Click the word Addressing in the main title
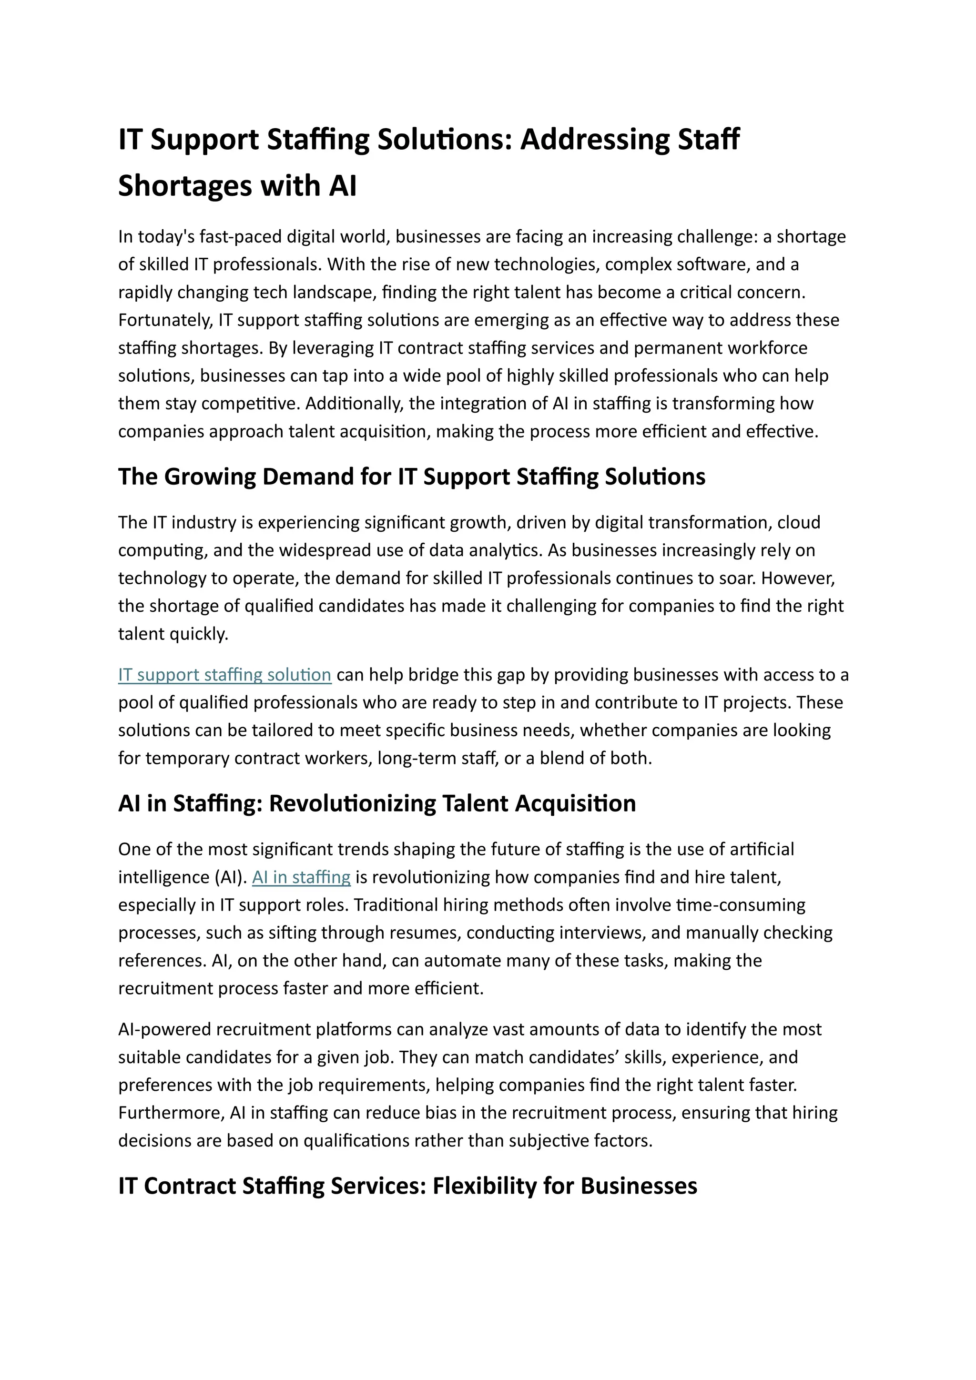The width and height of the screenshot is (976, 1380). pyautogui.click(x=594, y=140)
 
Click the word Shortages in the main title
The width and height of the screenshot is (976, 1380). pyautogui.click(x=184, y=186)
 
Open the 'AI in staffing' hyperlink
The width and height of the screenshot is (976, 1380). pyautogui.click(x=301, y=878)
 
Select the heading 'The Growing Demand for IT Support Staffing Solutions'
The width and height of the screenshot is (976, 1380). pyautogui.click(x=412, y=477)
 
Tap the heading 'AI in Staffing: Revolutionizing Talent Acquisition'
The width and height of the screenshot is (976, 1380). pyautogui.click(x=377, y=803)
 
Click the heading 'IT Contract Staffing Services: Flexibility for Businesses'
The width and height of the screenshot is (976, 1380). pyautogui.click(x=407, y=1186)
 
